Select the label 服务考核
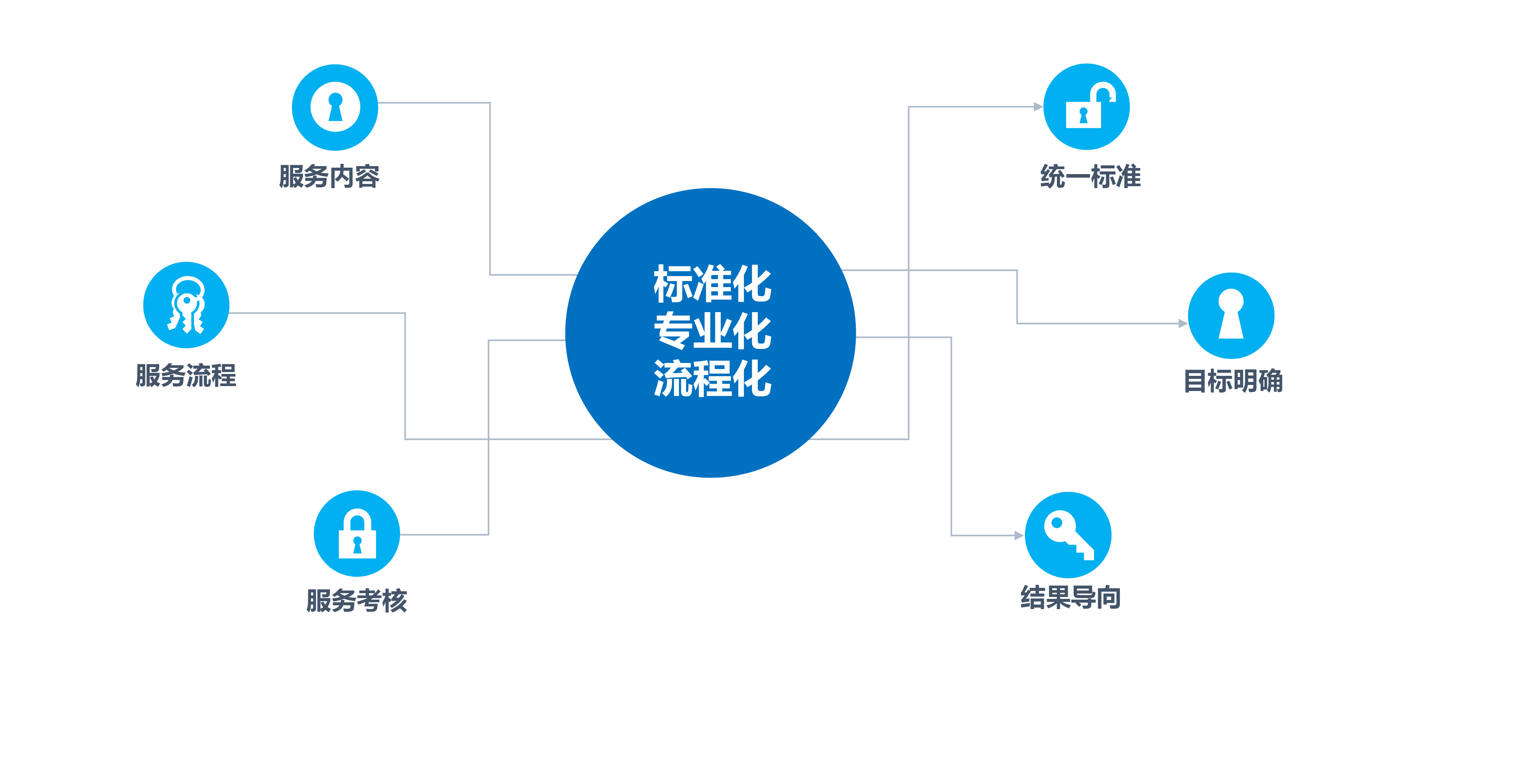[356, 600]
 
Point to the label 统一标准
[1090, 176]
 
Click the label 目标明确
[1233, 380]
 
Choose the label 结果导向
[1071, 597]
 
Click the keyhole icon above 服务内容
[335, 107]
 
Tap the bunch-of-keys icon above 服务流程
[187, 305]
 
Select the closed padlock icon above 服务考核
[357, 533]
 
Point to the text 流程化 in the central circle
[712, 378]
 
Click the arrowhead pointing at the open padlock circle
[1038, 107]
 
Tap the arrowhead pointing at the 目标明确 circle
[1183, 324]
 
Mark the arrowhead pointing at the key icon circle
[1019, 536]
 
